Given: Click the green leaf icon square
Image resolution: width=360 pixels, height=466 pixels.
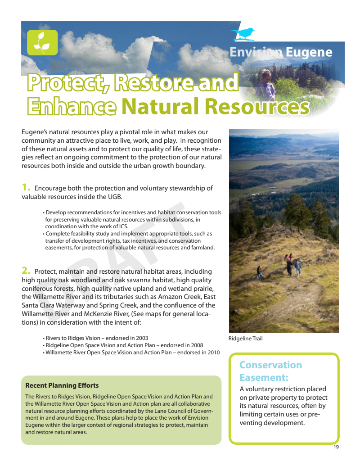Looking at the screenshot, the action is pyautogui.click(x=42, y=42).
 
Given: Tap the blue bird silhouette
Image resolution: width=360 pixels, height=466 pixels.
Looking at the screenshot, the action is pyautogui.click(x=243, y=34).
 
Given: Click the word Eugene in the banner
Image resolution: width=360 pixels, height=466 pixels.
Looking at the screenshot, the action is pyautogui.click(x=309, y=53).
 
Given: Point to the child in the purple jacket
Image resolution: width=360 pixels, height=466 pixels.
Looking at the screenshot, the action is pyautogui.click(x=265, y=86).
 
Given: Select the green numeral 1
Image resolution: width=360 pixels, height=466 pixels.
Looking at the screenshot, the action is pyautogui.click(x=26, y=187).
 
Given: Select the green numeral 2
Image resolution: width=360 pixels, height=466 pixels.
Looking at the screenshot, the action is pyautogui.click(x=26, y=271).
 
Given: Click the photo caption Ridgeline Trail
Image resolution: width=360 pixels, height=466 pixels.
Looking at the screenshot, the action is pyautogui.click(x=245, y=339).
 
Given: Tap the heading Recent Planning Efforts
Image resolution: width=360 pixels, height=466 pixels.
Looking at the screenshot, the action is pyautogui.click(x=62, y=385).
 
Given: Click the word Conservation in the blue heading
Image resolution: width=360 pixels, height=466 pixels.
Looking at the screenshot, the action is pyautogui.click(x=270, y=365).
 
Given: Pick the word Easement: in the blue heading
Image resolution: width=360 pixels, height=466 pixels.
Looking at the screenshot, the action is pyautogui.click(x=264, y=377).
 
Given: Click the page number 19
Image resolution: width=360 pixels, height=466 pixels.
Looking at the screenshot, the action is pyautogui.click(x=336, y=447).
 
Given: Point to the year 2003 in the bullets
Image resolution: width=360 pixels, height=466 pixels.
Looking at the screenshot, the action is pyautogui.click(x=142, y=338).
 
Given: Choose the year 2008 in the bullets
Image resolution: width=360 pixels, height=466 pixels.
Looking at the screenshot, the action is pyautogui.click(x=197, y=345).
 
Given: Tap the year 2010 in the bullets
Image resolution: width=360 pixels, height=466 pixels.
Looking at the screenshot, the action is pyautogui.click(x=214, y=353).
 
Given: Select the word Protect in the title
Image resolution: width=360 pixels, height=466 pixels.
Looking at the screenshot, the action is pyautogui.click(x=68, y=82).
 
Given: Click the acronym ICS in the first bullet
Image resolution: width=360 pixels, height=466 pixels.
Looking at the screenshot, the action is pyautogui.click(x=123, y=226).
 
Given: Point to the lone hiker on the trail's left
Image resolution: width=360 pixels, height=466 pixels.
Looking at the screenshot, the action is pyautogui.click(x=260, y=273).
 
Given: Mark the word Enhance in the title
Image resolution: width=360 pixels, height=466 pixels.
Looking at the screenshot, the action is pyautogui.click(x=72, y=106).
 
